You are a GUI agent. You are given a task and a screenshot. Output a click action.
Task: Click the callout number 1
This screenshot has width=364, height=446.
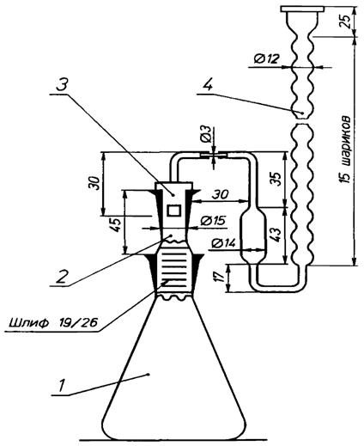[62, 385]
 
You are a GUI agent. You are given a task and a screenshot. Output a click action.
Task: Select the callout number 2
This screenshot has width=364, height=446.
[62, 276]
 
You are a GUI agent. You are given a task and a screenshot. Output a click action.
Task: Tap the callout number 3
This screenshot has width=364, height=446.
[62, 85]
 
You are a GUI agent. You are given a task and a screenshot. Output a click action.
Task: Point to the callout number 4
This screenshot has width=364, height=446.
[208, 84]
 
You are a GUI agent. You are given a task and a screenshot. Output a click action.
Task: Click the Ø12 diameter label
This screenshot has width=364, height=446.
[266, 59]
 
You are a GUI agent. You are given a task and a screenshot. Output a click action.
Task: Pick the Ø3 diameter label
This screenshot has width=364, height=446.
[206, 136]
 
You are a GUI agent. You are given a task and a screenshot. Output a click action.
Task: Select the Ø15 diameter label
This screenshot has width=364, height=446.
[213, 221]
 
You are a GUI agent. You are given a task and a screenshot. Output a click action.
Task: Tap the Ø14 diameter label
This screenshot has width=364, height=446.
[223, 243]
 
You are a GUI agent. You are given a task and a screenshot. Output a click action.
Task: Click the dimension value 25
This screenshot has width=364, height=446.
[346, 21]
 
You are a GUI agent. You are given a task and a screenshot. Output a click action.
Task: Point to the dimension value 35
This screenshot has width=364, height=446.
[276, 179]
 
